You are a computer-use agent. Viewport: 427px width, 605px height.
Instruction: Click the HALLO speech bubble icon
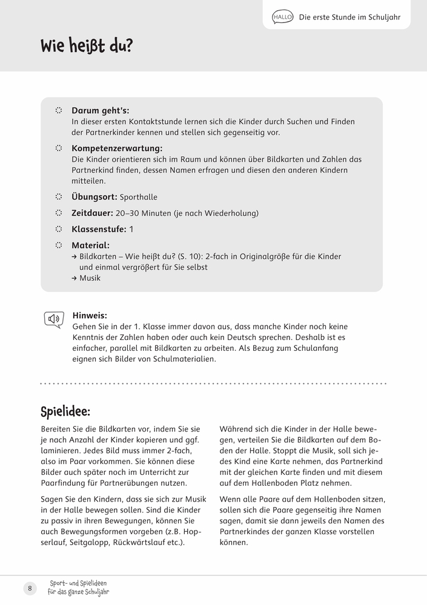283,18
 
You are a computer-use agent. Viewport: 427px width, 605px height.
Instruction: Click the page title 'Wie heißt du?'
86,46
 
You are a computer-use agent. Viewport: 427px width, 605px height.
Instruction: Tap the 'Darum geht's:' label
100,111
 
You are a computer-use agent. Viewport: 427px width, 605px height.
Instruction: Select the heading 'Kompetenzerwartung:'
117,148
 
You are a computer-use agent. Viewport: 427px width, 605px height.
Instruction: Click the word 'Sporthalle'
139,197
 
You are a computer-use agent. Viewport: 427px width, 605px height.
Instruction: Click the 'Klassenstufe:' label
99,229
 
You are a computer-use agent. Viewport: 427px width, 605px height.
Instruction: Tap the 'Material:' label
90,245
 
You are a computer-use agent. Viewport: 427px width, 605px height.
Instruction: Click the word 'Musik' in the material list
90,278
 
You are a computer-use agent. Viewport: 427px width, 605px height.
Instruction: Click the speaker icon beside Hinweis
54,319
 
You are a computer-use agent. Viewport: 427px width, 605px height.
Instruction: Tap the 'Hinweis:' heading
90,315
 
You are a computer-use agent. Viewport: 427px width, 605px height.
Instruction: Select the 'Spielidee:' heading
65,412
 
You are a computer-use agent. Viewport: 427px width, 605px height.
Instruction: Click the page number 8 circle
30,589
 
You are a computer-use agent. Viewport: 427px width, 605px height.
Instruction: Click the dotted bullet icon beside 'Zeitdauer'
59,213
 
